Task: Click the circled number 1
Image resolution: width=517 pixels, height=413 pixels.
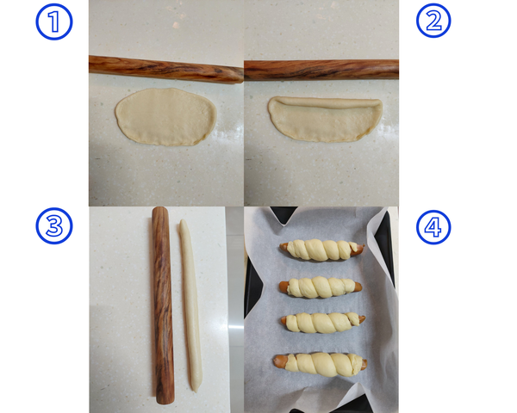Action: point(54,22)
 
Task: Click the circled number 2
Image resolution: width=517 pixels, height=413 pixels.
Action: point(433,22)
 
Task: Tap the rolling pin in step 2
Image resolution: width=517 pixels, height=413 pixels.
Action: point(321,69)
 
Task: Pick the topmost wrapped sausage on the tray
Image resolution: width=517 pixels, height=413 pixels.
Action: point(321,250)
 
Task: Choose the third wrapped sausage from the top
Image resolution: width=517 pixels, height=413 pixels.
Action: point(321,323)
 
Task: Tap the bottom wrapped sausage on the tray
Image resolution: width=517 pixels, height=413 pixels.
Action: point(321,362)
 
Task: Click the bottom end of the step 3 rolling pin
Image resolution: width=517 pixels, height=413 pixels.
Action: point(164,401)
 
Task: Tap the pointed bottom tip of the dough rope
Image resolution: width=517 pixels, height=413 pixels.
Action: point(196,388)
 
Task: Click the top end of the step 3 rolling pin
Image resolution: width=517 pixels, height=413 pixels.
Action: point(159,211)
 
